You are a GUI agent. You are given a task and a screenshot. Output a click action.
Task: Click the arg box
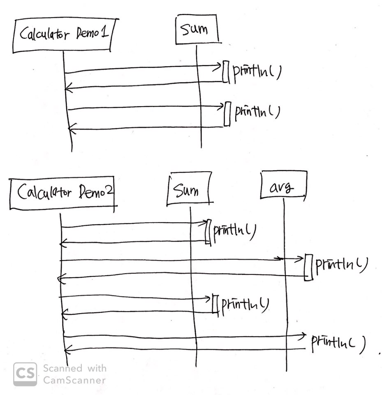(x=283, y=188)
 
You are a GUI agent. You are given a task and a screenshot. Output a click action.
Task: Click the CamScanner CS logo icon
(x=25, y=374)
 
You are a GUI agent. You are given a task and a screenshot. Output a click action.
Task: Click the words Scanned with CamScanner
(x=74, y=374)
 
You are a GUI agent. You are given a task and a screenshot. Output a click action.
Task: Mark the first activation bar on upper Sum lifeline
(x=225, y=72)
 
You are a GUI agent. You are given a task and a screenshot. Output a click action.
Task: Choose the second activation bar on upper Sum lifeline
(x=227, y=114)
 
